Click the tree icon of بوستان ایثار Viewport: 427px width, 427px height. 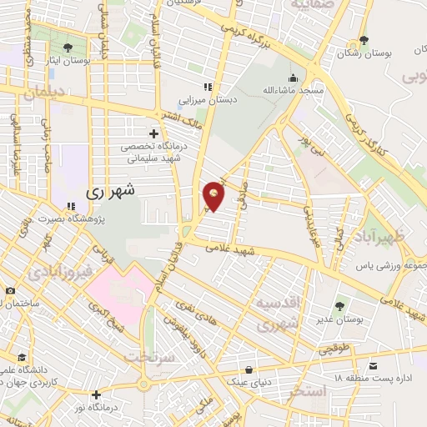tap(68, 48)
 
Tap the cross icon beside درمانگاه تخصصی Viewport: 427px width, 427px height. tap(153, 133)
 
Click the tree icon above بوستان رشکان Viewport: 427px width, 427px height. tap(363, 40)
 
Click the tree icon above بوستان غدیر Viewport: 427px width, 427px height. tap(339, 306)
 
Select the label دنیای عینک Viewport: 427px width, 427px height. tap(249, 383)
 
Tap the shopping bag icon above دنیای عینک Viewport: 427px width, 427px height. tap(249, 369)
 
